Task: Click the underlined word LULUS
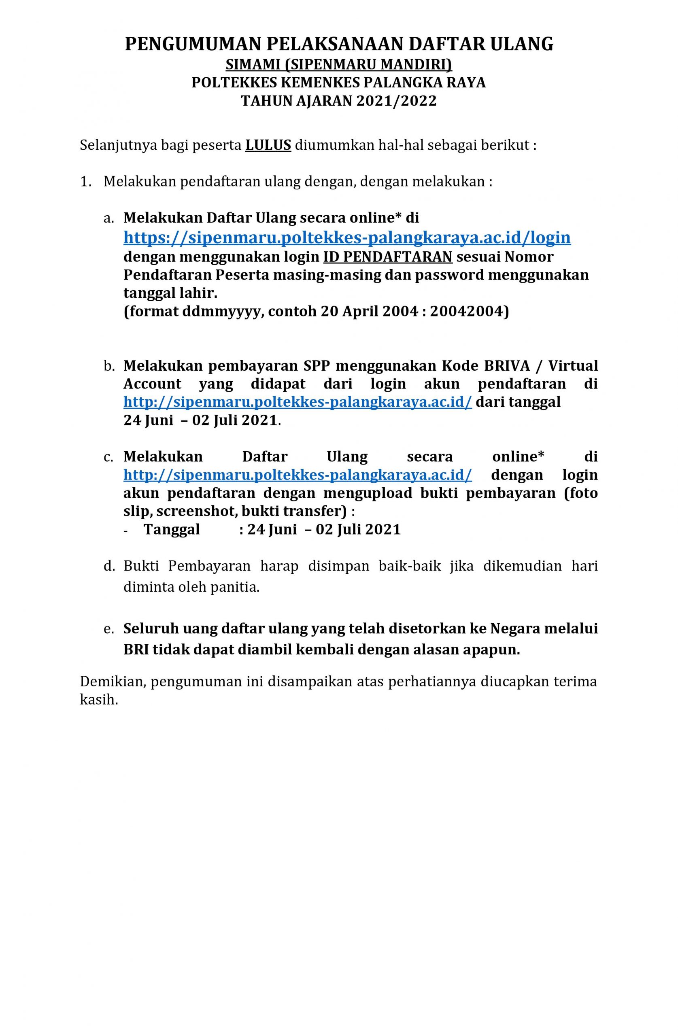[268, 145]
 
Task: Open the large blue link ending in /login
[347, 237]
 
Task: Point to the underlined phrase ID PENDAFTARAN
[387, 257]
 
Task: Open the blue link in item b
[298, 402]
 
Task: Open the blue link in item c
[298, 475]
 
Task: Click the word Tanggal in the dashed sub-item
[172, 529]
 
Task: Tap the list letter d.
[108, 566]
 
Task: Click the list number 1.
[85, 182]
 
